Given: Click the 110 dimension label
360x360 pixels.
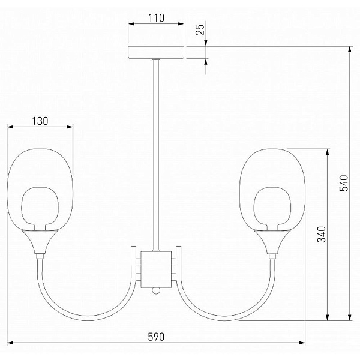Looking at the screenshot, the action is (156, 18).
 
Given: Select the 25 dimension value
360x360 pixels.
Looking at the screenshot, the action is (200, 29).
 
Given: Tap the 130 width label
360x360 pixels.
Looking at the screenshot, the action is (40, 121).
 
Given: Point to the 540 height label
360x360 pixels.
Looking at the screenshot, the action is (344, 183).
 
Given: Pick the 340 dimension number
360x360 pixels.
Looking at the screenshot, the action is (322, 234).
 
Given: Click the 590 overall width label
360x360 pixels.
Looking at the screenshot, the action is (156, 337).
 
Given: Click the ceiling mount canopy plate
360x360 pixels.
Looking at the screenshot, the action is (156, 53).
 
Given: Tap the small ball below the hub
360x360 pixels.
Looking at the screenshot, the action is (156, 291).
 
